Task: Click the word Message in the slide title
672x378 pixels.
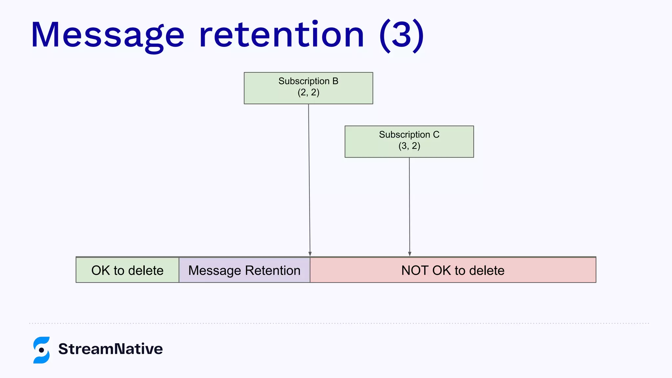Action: coord(107,35)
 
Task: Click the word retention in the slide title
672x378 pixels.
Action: coord(281,35)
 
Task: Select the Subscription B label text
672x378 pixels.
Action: coord(308,81)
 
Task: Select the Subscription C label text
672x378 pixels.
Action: coord(409,135)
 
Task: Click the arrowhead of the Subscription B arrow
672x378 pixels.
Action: coord(310,254)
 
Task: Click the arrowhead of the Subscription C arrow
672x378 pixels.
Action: coord(409,254)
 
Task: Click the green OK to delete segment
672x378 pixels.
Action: coord(127,270)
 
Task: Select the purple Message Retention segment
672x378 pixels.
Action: coord(244,270)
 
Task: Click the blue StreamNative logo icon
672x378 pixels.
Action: coord(41,350)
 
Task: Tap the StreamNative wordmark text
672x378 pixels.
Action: coord(110,349)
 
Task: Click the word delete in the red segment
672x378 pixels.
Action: coord(487,270)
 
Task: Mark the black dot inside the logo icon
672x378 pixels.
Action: coord(41,350)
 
